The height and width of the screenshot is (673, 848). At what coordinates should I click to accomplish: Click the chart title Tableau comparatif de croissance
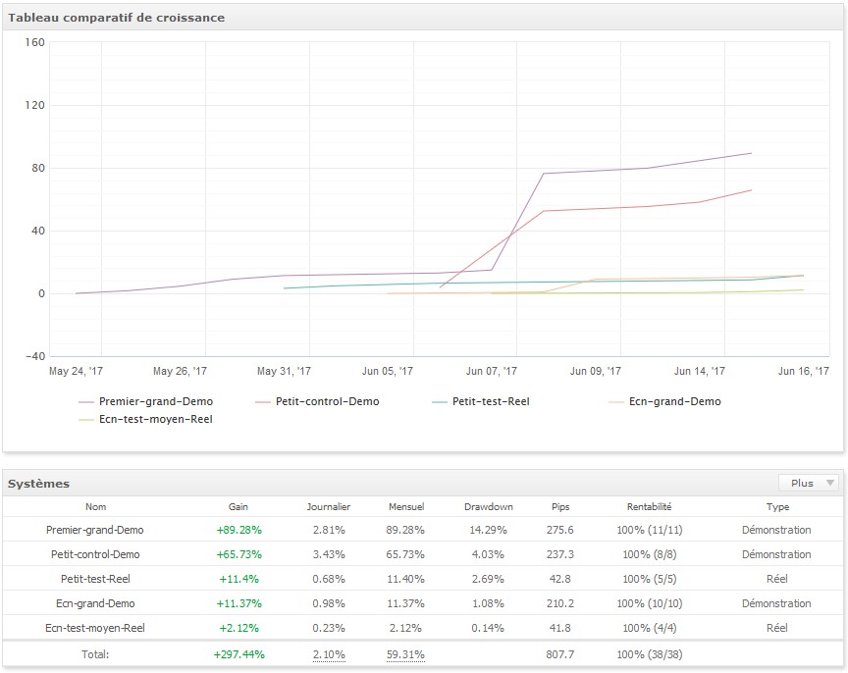click(x=117, y=18)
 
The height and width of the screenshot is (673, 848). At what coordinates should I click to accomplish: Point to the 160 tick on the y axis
click(x=35, y=43)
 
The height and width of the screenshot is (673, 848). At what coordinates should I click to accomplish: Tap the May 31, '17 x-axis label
click(x=284, y=372)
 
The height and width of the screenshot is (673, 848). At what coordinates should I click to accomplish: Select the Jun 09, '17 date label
click(x=596, y=372)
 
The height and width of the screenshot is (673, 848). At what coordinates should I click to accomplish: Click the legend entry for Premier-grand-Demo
click(x=155, y=401)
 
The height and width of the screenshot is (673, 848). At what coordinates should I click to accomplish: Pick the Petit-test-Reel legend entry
click(x=490, y=401)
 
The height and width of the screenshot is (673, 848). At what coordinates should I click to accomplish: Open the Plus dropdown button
click(x=809, y=483)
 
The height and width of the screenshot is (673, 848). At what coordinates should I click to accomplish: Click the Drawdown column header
click(x=489, y=507)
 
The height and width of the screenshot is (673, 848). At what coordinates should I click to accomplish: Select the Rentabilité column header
click(x=649, y=507)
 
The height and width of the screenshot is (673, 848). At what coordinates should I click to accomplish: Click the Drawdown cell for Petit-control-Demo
click(x=489, y=554)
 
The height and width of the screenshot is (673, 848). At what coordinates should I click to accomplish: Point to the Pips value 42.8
click(x=560, y=579)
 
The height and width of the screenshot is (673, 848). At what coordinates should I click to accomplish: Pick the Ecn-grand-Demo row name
click(x=95, y=603)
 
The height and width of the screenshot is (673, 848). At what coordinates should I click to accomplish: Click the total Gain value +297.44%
click(x=238, y=653)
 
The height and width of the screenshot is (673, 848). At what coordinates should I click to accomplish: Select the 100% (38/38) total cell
click(x=650, y=653)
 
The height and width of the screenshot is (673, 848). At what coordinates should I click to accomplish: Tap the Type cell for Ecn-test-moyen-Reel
click(x=776, y=628)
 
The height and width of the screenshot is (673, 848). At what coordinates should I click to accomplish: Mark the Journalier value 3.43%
click(x=329, y=554)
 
